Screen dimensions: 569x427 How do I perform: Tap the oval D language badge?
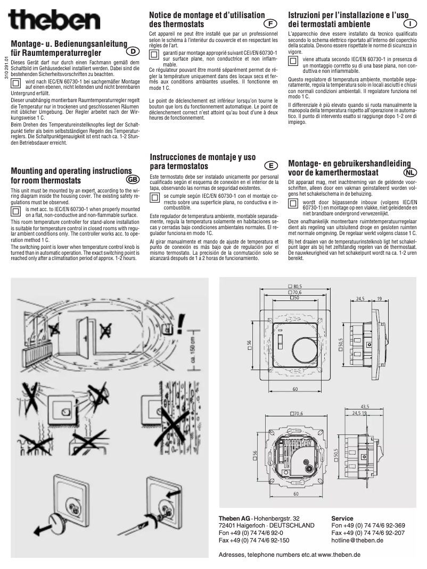[x=134, y=51]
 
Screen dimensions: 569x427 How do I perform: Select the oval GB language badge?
[x=133, y=179]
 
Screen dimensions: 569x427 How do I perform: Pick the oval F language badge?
[x=270, y=24]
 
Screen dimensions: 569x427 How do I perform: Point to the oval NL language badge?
[x=410, y=172]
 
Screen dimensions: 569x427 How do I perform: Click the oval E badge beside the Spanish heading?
[x=271, y=165]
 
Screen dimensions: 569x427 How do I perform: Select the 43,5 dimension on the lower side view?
[x=365, y=406]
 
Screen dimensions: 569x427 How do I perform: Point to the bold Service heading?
[x=342, y=518]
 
